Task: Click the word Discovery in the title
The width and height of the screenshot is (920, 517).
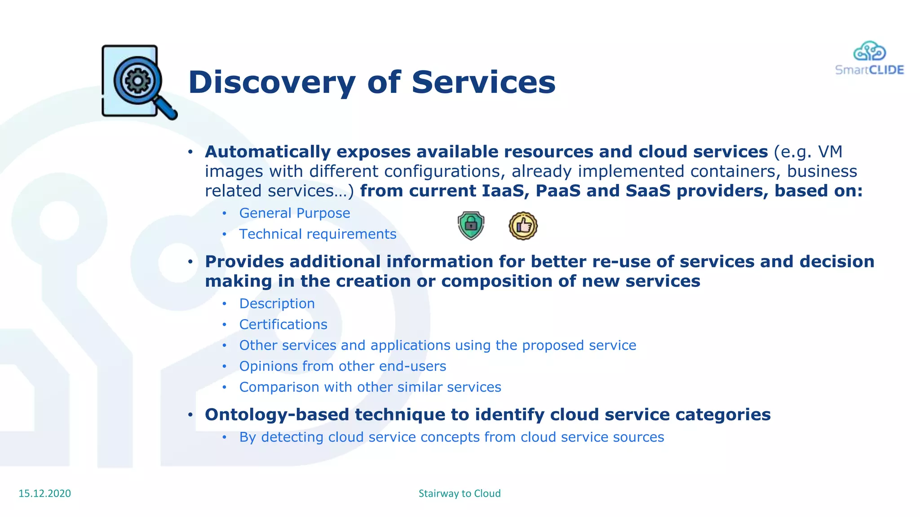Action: pos(272,83)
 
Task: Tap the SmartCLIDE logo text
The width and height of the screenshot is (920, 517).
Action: pos(869,70)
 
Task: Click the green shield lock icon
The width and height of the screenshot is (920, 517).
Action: pos(471,225)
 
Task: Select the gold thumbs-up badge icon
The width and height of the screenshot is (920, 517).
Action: pos(523,226)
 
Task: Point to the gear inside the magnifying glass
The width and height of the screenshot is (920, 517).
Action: pos(137,81)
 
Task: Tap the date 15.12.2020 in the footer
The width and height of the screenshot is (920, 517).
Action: pos(44,493)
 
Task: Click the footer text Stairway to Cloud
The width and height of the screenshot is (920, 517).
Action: pos(460,493)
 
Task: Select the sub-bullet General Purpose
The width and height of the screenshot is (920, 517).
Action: pos(294,213)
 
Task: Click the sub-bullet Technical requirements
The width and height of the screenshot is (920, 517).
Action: pos(318,234)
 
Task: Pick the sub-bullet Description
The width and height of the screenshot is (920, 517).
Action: pos(277,304)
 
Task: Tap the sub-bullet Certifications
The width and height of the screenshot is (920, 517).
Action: pos(283,324)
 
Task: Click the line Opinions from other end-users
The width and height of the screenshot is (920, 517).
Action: pos(342,366)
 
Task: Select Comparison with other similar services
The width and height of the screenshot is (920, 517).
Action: pos(370,387)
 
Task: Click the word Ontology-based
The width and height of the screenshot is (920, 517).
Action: pos(277,415)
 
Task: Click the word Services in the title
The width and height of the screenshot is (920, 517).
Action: pos(483,83)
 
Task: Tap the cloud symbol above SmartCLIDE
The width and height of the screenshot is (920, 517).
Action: pos(869,51)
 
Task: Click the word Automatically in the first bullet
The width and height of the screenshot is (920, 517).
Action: pos(268,152)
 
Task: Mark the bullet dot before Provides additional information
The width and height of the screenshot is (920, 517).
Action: pos(190,262)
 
